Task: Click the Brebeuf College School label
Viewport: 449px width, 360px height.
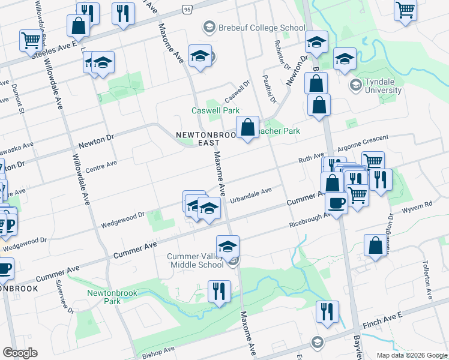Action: (261, 26)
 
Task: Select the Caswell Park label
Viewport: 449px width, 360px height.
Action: (215, 111)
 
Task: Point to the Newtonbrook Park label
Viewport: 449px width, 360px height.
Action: (112, 297)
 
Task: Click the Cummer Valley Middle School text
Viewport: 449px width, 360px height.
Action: (196, 261)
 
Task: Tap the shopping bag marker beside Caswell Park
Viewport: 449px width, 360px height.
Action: (247, 127)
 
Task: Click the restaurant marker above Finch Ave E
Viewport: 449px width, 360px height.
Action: (328, 311)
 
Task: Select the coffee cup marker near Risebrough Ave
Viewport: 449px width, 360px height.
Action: (337, 202)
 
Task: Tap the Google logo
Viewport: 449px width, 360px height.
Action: (20, 353)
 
